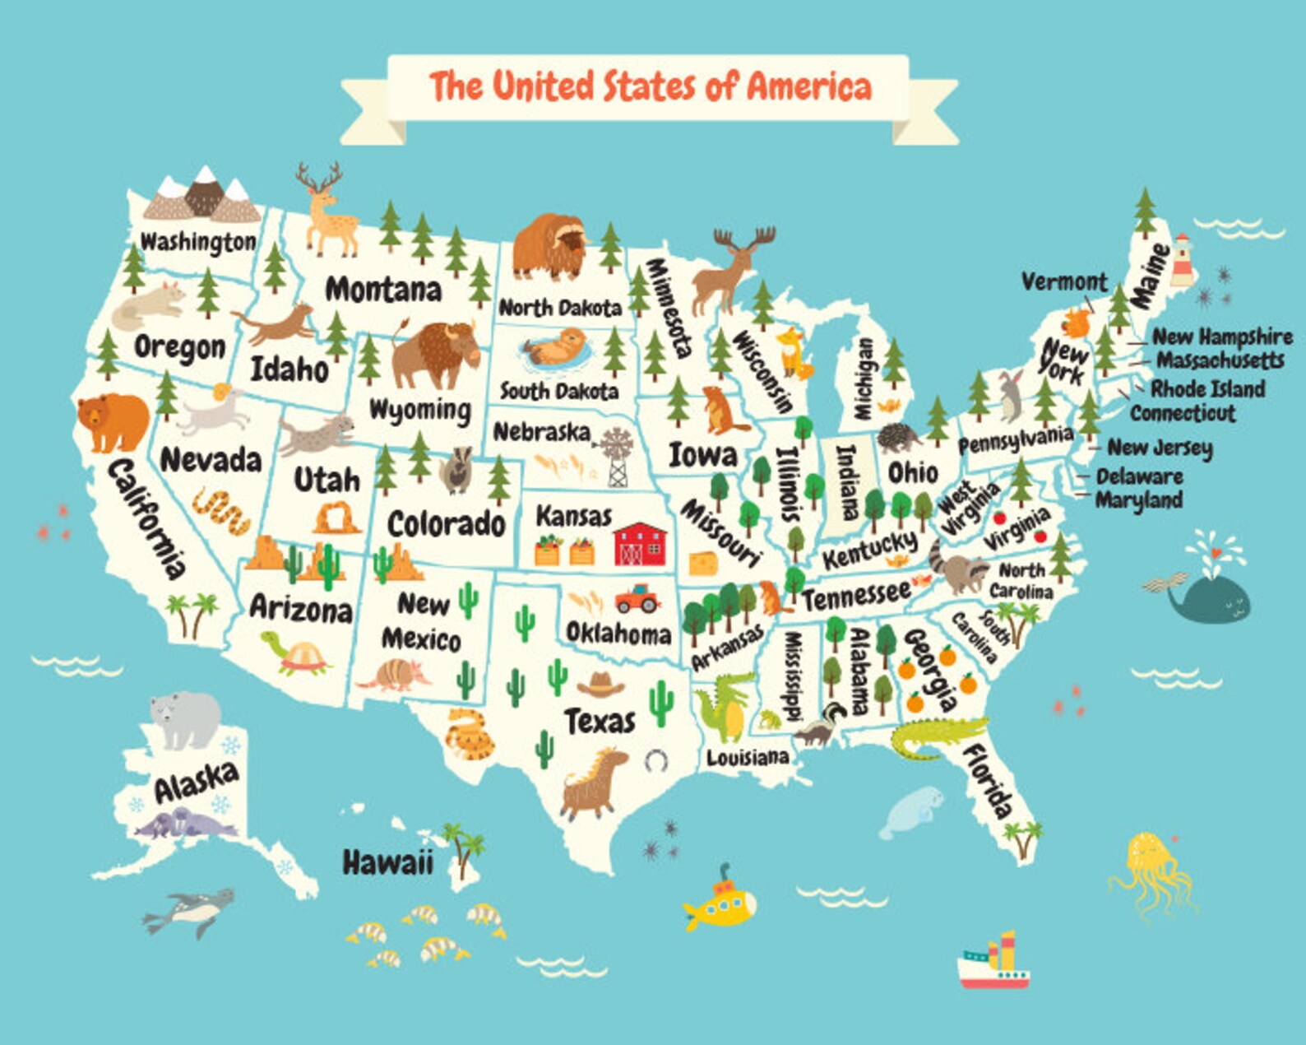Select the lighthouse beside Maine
pos(1183,259)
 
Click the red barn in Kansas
pos(639,544)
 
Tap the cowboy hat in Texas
pos(601,684)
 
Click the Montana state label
pos(383,290)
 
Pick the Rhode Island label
pos(1207,388)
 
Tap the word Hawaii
pos(387,862)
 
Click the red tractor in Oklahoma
pos(637,598)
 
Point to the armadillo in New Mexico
pos(396,676)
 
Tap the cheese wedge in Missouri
pos(703,564)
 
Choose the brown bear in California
pos(113,420)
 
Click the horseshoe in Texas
pos(655,760)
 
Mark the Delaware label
pos(1139,476)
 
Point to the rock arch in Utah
pos(336,518)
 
